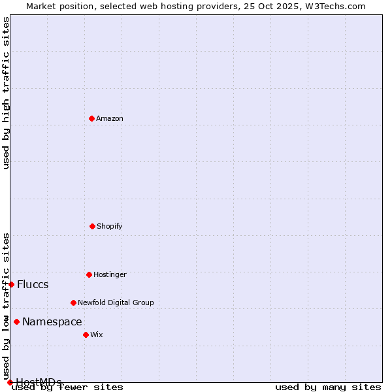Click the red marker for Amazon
click(91, 118)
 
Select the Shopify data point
click(92, 226)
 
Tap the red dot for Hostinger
click(89, 274)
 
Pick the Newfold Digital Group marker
click(73, 302)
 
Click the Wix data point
click(86, 335)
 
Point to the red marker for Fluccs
click(11, 284)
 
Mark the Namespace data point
click(16, 321)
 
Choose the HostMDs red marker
click(10, 382)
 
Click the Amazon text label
click(110, 118)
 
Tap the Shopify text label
click(110, 226)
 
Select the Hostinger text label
click(110, 274)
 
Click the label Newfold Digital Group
click(116, 302)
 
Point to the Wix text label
click(97, 335)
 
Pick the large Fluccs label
click(33, 284)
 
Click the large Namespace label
click(52, 321)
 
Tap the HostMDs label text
click(39, 382)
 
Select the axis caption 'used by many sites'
click(328, 387)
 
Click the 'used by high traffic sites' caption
click(6, 93)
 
